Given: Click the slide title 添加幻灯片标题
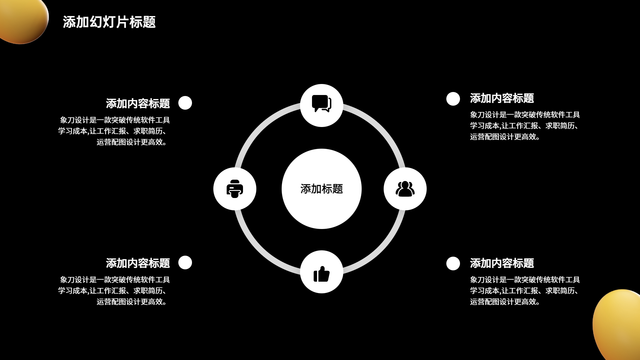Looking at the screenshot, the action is pyautogui.click(x=109, y=22).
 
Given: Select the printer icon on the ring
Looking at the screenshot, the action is pyautogui.click(x=235, y=189).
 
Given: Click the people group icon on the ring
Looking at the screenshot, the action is pyautogui.click(x=405, y=189).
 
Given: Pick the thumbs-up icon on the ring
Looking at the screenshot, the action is pyautogui.click(x=321, y=274).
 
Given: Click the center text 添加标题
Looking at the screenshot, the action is pyautogui.click(x=321, y=189).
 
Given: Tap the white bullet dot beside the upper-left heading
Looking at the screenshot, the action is pyautogui.click(x=185, y=103).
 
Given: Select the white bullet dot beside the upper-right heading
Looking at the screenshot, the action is pyautogui.click(x=453, y=99).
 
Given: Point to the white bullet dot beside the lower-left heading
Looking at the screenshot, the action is pyautogui.click(x=185, y=262).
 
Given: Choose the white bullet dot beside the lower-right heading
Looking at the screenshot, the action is pyautogui.click(x=453, y=263).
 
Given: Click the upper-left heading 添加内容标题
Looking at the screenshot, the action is pyautogui.click(x=138, y=103).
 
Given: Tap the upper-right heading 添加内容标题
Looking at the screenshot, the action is pyautogui.click(x=502, y=98).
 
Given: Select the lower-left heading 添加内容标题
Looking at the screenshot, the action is pyautogui.click(x=138, y=263).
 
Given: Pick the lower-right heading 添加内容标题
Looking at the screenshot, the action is pyautogui.click(x=502, y=263).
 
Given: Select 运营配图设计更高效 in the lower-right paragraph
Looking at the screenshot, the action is pyautogui.click(x=504, y=302).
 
